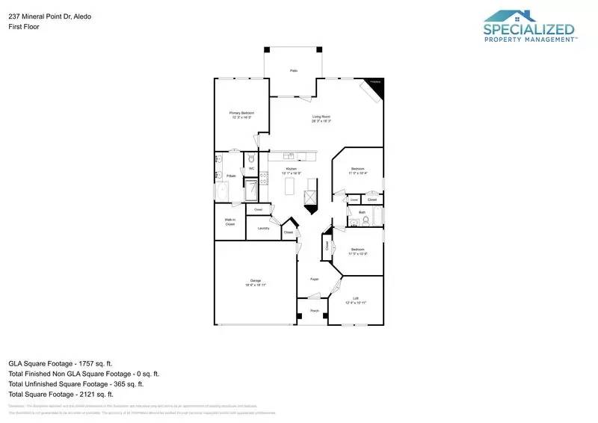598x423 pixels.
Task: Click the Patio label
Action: [294, 71]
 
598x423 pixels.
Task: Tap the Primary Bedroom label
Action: [241, 115]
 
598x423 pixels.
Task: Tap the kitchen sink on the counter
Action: [289, 156]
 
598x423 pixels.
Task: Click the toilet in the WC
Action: [252, 159]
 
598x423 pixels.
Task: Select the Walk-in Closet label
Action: [230, 222]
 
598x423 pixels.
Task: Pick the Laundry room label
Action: [263, 228]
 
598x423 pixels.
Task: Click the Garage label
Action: [256, 283]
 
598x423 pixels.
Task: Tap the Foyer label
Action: [315, 279]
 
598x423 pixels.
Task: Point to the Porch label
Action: [315, 311]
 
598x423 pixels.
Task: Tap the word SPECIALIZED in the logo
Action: [530, 30]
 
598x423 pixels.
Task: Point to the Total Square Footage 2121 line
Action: [61, 394]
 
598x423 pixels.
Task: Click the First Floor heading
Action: [23, 26]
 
